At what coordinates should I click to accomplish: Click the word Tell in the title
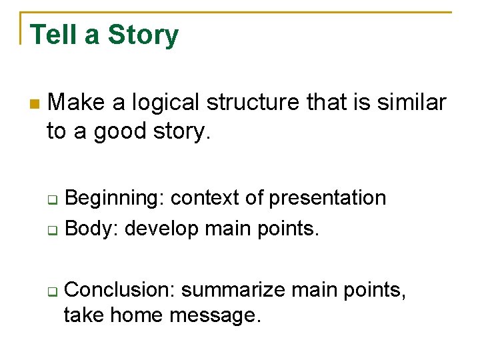53,35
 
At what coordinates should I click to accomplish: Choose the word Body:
93,228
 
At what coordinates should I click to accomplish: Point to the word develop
162,228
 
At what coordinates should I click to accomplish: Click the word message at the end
215,315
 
